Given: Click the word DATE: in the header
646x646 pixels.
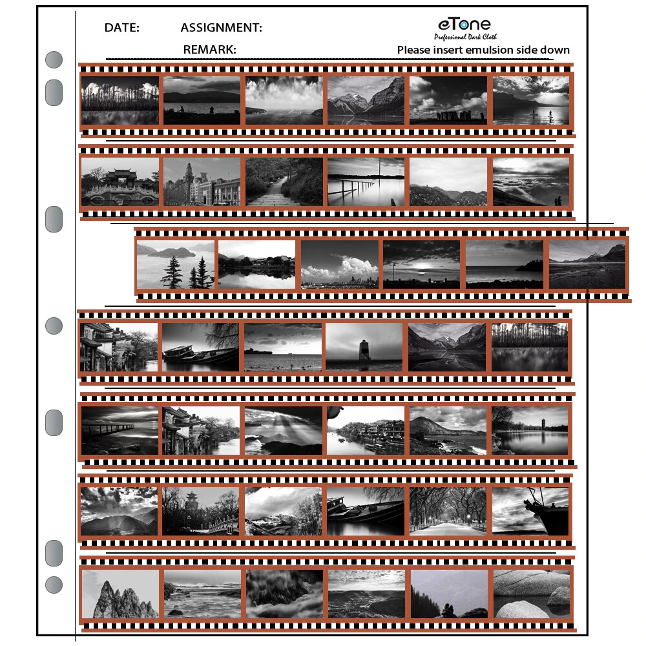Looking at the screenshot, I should (x=121, y=28).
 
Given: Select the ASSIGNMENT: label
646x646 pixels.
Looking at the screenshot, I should (x=221, y=28).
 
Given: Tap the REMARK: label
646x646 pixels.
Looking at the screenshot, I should (x=209, y=50).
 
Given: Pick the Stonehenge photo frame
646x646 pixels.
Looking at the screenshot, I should (x=448, y=100).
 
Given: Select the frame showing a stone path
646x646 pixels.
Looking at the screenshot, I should (x=283, y=182).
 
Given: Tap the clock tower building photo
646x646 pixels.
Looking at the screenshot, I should (x=202, y=182).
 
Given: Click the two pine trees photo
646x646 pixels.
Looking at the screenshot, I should (x=175, y=264).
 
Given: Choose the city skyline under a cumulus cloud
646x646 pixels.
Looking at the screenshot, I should (x=340, y=264).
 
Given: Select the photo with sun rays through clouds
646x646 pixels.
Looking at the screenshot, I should (x=283, y=430).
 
